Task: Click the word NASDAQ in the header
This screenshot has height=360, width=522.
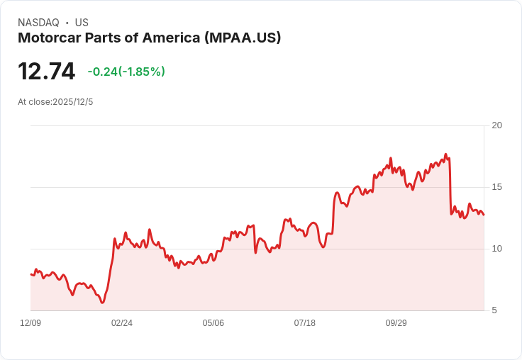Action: click(38, 23)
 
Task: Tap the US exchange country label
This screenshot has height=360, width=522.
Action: click(82, 23)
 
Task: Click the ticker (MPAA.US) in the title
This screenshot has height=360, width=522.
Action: click(243, 38)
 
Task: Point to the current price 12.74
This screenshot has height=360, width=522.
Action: click(46, 72)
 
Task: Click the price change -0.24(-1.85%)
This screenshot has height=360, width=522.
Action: click(126, 72)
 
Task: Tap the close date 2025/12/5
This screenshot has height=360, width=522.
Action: click(73, 102)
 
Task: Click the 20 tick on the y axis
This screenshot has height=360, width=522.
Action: click(497, 125)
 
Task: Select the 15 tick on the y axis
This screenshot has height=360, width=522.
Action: click(497, 187)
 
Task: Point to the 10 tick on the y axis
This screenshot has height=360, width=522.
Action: click(497, 249)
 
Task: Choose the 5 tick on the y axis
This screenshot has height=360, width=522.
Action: click(494, 310)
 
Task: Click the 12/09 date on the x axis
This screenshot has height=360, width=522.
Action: click(30, 323)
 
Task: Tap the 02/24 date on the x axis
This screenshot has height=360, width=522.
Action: click(122, 323)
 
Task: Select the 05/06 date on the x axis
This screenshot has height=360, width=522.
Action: click(213, 323)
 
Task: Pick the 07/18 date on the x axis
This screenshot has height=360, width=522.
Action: click(305, 323)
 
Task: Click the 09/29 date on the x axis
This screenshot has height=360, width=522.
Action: click(396, 323)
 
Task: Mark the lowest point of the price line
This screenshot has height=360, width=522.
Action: click(102, 303)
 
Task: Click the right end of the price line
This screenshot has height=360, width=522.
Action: click(484, 215)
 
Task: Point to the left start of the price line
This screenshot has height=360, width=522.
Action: click(30, 274)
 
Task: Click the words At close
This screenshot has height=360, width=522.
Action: click(34, 102)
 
